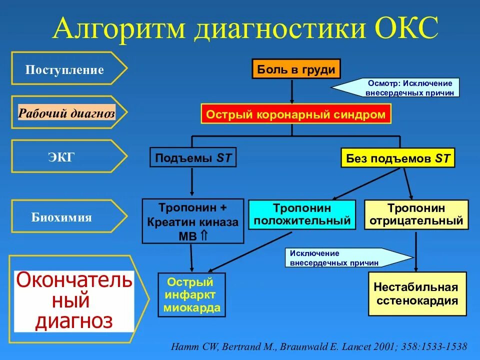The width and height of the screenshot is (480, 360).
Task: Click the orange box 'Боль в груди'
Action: [296, 69]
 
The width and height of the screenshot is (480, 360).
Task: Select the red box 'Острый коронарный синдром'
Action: [296, 115]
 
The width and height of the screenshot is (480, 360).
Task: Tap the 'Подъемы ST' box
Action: [193, 158]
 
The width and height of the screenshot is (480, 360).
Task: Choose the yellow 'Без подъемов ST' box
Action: [398, 159]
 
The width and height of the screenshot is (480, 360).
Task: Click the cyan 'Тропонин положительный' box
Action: [302, 214]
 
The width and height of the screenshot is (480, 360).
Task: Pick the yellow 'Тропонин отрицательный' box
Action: [416, 214]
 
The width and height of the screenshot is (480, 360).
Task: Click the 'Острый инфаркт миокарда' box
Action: [191, 295]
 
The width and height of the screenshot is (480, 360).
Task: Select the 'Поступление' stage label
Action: [65, 69]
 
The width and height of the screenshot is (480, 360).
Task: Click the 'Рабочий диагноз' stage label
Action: [67, 113]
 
